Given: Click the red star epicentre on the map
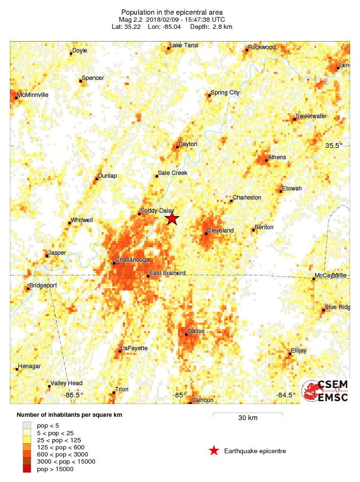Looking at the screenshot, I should click(172, 218).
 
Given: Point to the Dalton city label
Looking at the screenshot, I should click(196, 331).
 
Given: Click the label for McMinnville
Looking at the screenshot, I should click(33, 95).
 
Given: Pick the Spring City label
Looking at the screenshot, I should click(225, 93).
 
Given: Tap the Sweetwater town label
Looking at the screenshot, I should click(311, 116).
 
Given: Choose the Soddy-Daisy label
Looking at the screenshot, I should click(157, 211).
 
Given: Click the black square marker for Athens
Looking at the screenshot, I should click(266, 160).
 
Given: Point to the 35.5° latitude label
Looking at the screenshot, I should click(334, 146).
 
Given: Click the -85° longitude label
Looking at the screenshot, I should click(179, 395).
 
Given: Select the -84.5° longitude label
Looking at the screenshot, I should click(286, 395).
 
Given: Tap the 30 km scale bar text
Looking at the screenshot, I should click(248, 418).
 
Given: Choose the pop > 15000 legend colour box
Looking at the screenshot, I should click(27, 469).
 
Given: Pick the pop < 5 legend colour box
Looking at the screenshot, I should click(27, 426).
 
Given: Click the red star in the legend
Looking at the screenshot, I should click(214, 451).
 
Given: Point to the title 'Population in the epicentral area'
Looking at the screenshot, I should click(171, 12).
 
